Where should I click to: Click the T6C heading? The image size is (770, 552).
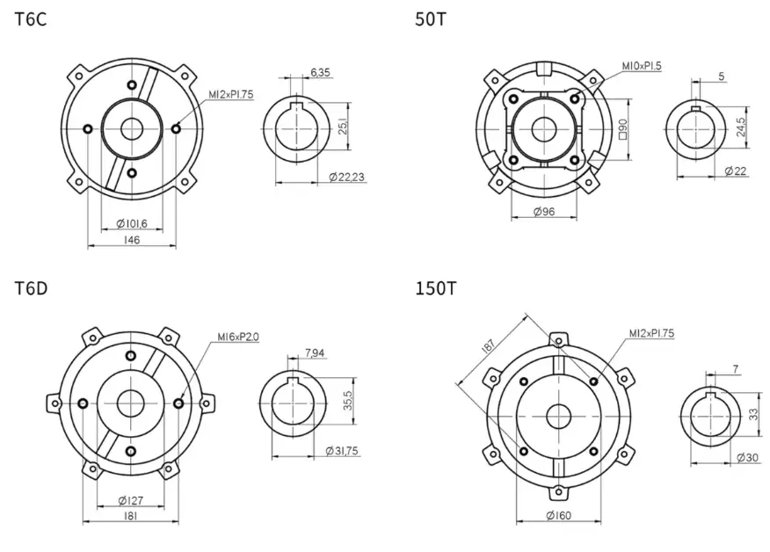31,19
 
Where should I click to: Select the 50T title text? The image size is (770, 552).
432,19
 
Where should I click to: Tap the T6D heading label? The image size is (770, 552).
32,288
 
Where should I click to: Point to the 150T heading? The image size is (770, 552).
436,288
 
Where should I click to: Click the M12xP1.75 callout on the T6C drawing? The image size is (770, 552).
231,94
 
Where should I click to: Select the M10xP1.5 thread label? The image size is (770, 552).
642,66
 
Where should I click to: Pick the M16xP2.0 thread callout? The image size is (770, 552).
238,337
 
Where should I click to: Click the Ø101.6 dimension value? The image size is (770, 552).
132,224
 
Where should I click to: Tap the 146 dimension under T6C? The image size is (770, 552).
132,240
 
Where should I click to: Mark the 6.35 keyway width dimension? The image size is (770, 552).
320,73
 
